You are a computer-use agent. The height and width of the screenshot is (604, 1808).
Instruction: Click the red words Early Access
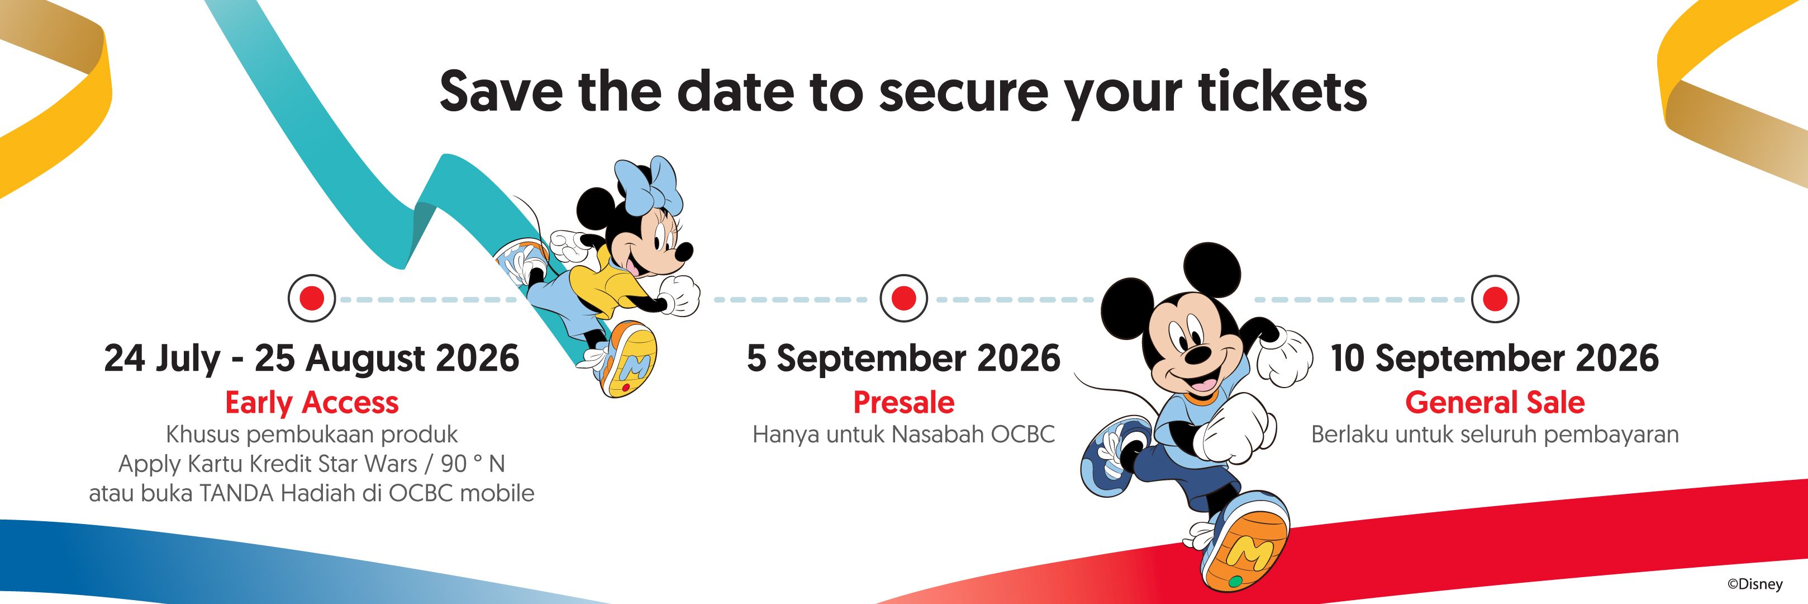point(312,403)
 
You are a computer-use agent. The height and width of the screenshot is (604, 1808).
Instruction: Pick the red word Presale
point(903,403)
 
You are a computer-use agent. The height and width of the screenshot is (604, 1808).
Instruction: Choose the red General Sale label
point(1495,403)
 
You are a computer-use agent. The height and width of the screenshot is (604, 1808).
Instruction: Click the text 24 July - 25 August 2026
point(312,358)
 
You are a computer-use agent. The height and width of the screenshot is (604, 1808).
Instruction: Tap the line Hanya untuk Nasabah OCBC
point(903,435)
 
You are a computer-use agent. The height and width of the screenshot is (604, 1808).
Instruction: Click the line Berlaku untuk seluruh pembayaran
point(1495,435)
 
